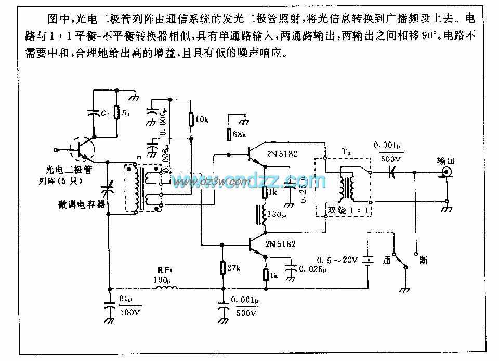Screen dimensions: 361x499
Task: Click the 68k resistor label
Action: (240, 135)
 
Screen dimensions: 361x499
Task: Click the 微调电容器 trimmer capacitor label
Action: (82, 204)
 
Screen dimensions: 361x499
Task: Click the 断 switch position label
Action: (424, 260)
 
